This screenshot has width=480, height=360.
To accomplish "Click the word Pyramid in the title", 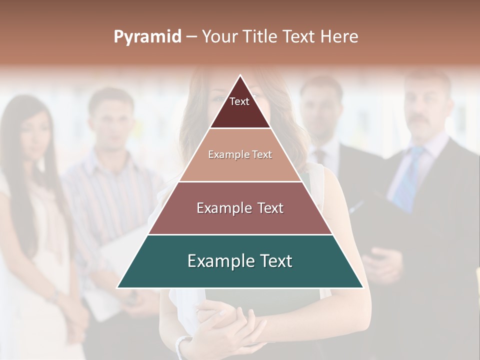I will pyautogui.click(x=147, y=37).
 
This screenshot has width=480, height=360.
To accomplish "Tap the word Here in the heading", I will pyautogui.click(x=339, y=37).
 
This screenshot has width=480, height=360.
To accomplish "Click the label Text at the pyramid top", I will pyautogui.click(x=239, y=101).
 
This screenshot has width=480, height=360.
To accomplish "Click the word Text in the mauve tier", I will pyautogui.click(x=267, y=208).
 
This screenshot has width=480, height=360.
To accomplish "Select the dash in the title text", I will pyautogui.click(x=191, y=37).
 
